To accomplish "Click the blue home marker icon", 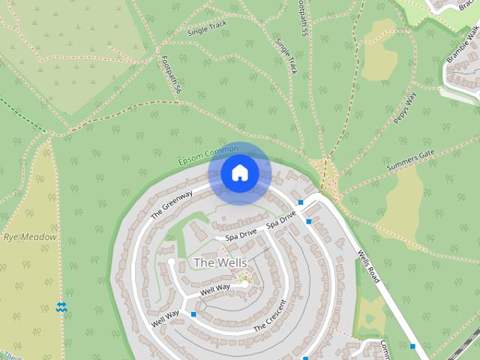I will [240, 173].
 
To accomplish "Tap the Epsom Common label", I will [209, 156].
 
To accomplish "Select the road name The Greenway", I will [172, 204].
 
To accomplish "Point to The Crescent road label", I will [270, 316].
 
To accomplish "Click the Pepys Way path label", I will [404, 109].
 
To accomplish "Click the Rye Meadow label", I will [30, 237].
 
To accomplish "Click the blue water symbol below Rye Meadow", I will [61, 306].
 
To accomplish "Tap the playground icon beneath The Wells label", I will [242, 279].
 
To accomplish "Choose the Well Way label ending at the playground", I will [216, 289].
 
